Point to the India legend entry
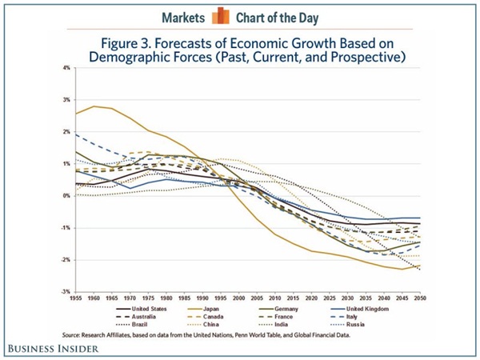[300, 324]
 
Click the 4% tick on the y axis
[66, 69]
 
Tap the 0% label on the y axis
[66, 196]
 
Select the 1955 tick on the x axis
[75, 298]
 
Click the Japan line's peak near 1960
[94, 106]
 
